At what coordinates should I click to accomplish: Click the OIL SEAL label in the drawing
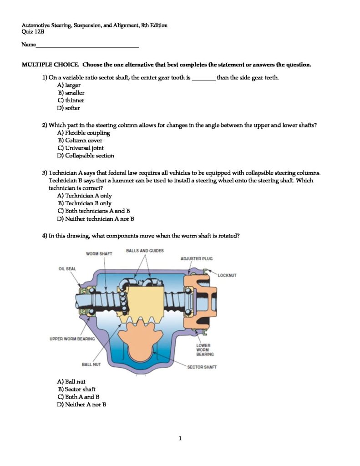pyautogui.click(x=67, y=268)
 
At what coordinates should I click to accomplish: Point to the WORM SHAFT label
pyautogui.click(x=99, y=253)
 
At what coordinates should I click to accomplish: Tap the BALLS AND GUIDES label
pyautogui.click(x=145, y=250)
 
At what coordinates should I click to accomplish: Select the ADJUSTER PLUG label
pyautogui.click(x=197, y=258)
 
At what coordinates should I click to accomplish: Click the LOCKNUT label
pyautogui.click(x=227, y=275)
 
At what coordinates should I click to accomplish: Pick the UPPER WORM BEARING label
pyautogui.click(x=72, y=339)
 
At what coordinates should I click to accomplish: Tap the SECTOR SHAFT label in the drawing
pyautogui.click(x=202, y=367)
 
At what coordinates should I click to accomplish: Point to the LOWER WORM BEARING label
pyautogui.click(x=205, y=349)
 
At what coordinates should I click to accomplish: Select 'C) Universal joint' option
pyautogui.click(x=81, y=148)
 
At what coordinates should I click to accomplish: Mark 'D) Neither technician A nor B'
pyautogui.click(x=96, y=219)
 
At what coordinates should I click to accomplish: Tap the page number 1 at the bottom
pyautogui.click(x=180, y=438)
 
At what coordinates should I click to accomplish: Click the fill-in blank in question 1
pyautogui.click(x=203, y=78)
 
